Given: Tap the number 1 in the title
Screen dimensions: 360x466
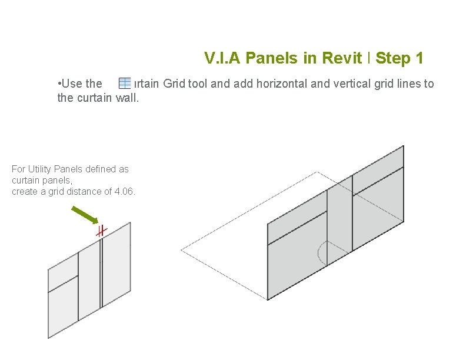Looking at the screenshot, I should (x=418, y=58).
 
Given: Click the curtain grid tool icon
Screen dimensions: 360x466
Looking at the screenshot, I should (x=125, y=84).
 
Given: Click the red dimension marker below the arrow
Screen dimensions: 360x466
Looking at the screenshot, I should (x=101, y=231).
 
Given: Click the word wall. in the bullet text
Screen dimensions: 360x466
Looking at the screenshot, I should (x=127, y=98).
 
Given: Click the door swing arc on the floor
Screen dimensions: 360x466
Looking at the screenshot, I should (x=321, y=253).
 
